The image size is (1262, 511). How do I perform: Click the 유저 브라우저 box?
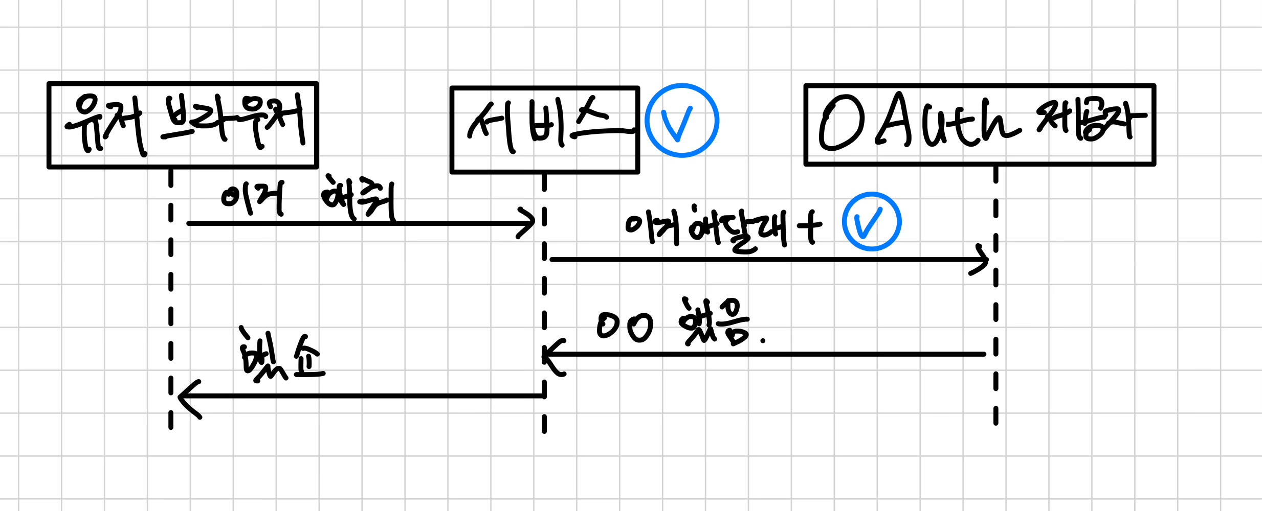[183, 125]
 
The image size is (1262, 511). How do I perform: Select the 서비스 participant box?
[544, 130]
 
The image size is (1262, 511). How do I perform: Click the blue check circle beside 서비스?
[681, 121]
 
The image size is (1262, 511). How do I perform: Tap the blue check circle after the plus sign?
[872, 221]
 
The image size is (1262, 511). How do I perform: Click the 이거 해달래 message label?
[706, 229]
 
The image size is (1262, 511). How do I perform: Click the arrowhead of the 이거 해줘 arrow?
[527, 223]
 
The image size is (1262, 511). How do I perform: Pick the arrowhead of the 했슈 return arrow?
[187, 397]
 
